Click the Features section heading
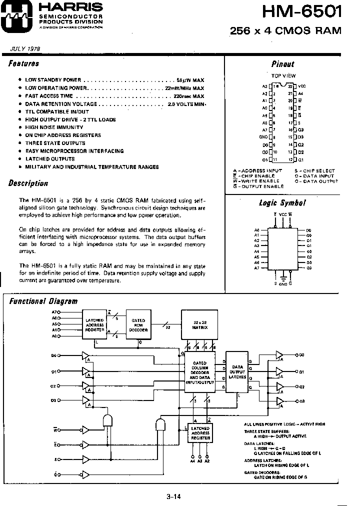pos(24,63)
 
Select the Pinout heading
pos(282,64)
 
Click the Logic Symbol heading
pos(282,203)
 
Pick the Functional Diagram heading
pos(44,301)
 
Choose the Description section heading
pos(28,183)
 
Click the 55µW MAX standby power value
pos(190,80)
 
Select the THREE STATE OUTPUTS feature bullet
pos(55,143)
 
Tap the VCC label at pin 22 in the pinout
pos(301,86)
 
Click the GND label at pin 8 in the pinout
pos(263,137)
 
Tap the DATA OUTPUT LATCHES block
pos(238,372)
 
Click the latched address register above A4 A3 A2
pos(200,434)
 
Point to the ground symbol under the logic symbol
pos(283,277)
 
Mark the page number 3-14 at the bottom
pos(173,496)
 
